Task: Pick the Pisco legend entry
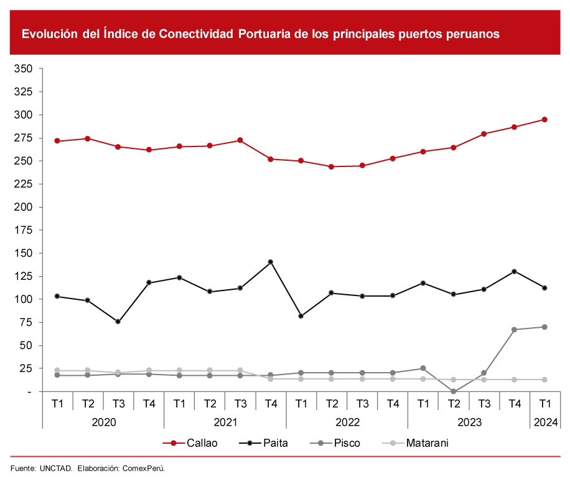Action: [347, 443]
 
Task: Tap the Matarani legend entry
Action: [427, 443]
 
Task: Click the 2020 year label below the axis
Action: [103, 423]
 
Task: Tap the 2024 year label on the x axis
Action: [545, 423]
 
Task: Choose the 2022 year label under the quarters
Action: [347, 423]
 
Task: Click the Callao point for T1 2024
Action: [544, 120]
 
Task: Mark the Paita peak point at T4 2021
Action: [271, 262]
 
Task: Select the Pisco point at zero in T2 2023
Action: [454, 391]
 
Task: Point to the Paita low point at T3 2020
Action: [118, 322]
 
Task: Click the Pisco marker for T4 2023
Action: [515, 330]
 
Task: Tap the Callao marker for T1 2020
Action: [57, 141]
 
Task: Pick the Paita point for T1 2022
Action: [301, 316]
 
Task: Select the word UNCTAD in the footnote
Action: [57, 467]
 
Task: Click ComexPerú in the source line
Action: [143, 467]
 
